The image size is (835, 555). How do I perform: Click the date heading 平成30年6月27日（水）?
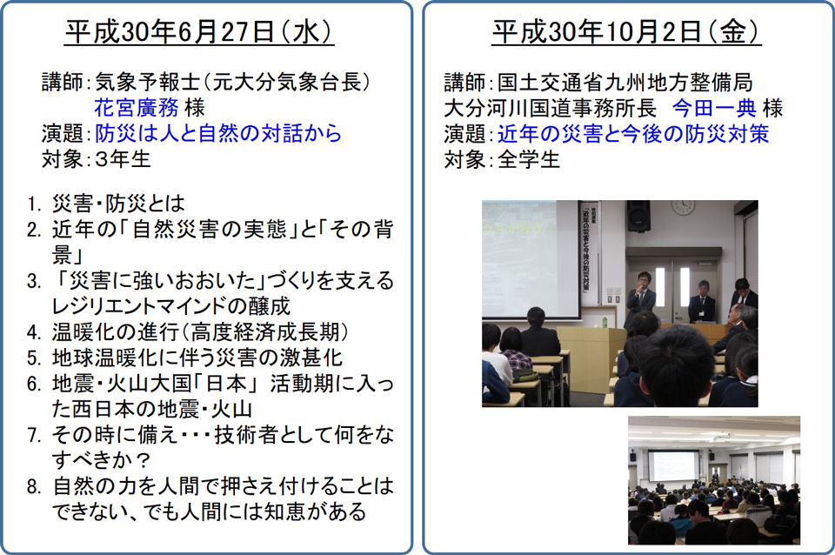198,32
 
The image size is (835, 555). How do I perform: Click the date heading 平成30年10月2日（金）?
626,32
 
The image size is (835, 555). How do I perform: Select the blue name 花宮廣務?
137,108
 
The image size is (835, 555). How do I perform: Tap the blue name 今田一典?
714,108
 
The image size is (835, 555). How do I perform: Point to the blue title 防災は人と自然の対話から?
218,133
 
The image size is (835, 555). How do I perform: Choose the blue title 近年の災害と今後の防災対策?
633,133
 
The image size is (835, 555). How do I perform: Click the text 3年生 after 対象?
123,158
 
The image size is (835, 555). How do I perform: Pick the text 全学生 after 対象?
528,158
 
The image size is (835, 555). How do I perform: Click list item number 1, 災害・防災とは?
105,204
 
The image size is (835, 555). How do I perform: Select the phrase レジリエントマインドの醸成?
171,306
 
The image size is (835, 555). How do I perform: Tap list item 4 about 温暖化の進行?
188,331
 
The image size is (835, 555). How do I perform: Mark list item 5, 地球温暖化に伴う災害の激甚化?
184,358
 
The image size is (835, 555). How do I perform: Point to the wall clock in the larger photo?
684,207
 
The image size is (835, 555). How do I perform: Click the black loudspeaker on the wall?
638,216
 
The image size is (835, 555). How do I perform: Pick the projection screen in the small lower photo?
673,465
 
